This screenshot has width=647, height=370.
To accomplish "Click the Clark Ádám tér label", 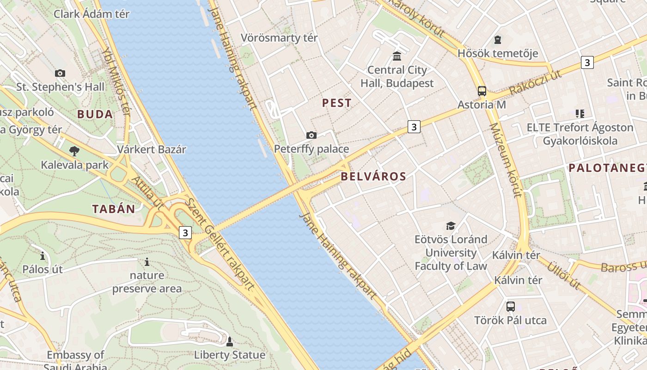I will [92, 14].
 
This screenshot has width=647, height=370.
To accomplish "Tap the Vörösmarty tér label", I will [279, 37].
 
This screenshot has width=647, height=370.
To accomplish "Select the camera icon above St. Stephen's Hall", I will [60, 73].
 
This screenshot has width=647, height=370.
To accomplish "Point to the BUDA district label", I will [95, 114].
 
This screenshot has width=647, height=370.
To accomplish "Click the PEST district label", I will [336, 103].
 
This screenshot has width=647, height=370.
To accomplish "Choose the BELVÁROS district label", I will [373, 176].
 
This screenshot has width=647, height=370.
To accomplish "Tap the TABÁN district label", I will [114, 209].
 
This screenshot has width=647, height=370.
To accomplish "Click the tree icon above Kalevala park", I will [73, 151].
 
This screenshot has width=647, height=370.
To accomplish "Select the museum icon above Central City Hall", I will [397, 56].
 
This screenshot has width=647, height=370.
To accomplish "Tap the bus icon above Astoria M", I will [482, 91].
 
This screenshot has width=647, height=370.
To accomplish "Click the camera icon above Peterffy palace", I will [311, 135].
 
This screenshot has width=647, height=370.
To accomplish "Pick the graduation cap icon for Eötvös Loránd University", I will [451, 226].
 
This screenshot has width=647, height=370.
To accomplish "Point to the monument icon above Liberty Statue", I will [229, 342].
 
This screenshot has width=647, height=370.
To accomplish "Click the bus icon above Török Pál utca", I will [510, 306].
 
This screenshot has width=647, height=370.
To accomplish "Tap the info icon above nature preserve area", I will [147, 262].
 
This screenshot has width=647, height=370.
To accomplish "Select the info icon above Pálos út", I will [43, 255].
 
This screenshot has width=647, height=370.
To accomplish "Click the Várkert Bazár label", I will [152, 149].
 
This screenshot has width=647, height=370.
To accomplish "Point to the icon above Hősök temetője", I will [498, 40].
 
